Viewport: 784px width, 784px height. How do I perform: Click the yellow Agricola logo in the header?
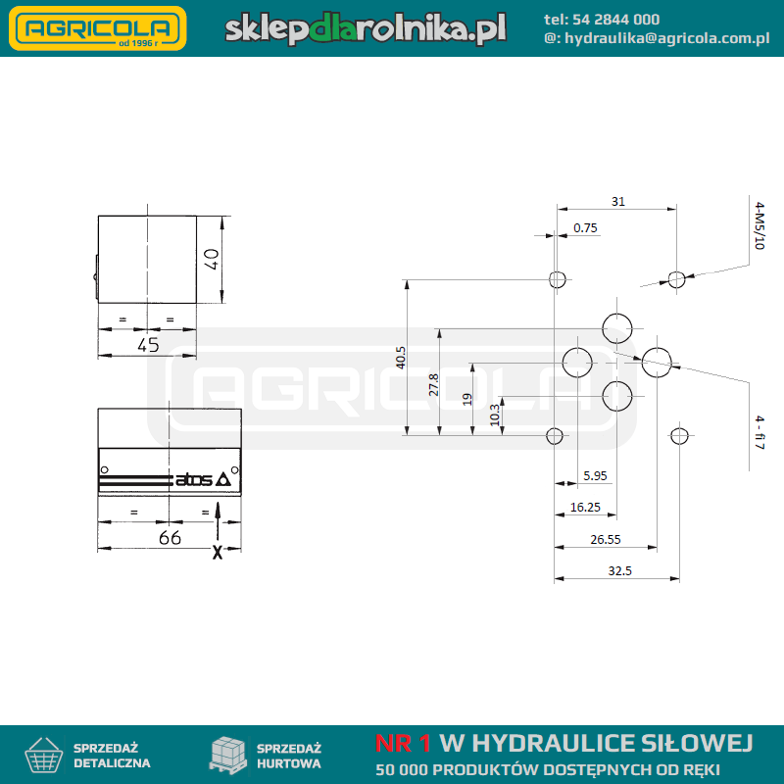(97, 28)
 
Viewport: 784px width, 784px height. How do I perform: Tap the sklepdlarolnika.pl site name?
(366, 28)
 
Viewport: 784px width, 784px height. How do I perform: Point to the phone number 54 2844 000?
(615, 20)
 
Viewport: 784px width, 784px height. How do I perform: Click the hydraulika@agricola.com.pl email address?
(667, 38)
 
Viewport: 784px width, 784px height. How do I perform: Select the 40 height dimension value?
(212, 259)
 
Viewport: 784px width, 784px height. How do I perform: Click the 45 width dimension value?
(148, 345)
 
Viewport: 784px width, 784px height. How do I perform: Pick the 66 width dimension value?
(170, 538)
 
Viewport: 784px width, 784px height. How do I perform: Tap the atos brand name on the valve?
(193, 479)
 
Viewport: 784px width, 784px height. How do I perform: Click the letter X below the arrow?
(218, 552)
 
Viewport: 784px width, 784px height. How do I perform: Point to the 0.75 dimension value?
(585, 228)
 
